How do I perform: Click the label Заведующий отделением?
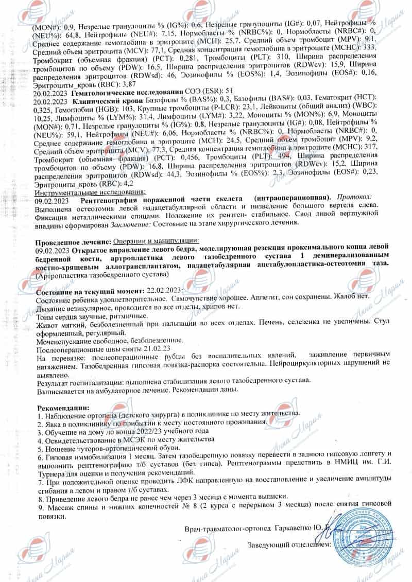pos(289,544)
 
